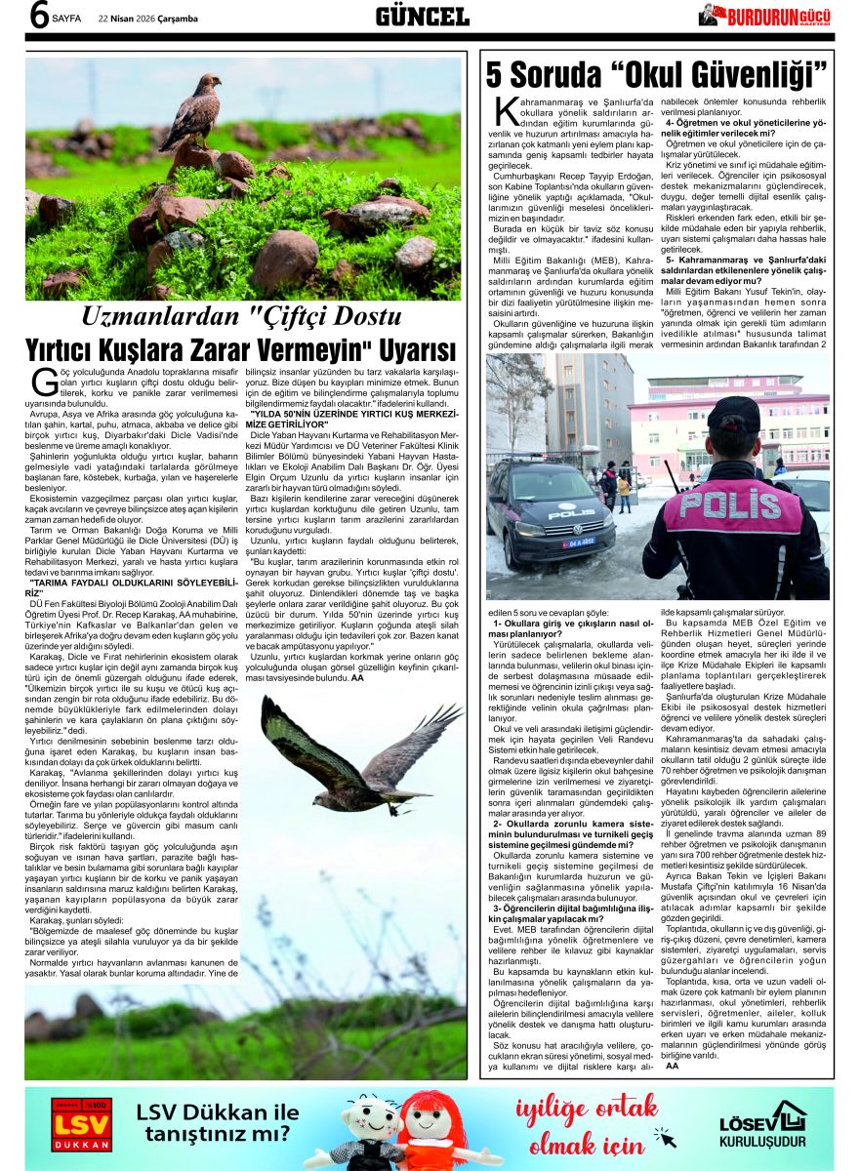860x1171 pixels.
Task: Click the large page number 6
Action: [x=38, y=17]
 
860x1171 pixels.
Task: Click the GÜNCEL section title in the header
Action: [x=423, y=16]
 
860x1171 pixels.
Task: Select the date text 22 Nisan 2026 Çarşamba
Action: [x=145, y=18]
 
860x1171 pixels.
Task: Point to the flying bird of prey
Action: [x=356, y=753]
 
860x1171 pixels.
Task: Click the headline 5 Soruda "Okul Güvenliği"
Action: [x=657, y=74]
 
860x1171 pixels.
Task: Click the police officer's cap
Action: [x=734, y=414]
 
